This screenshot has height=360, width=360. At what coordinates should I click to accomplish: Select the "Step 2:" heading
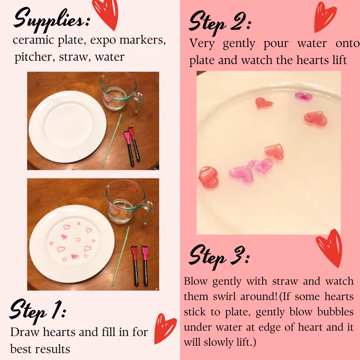pyautogui.click(x=220, y=23)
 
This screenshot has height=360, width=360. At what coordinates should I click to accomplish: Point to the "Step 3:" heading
pyautogui.click(x=219, y=257)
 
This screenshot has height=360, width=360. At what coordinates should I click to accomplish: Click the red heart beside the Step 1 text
pyautogui.click(x=164, y=328)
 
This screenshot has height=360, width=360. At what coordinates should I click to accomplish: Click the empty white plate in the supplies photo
pyautogui.click(x=68, y=127)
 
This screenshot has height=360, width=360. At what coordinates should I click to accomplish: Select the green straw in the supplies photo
pyautogui.click(x=112, y=140)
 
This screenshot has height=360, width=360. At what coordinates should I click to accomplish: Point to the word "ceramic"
pyautogui.click(x=33, y=40)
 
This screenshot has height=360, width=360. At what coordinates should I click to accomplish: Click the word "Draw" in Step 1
pyautogui.click(x=24, y=332)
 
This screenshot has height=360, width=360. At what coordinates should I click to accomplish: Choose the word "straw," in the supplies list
pyautogui.click(x=73, y=57)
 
